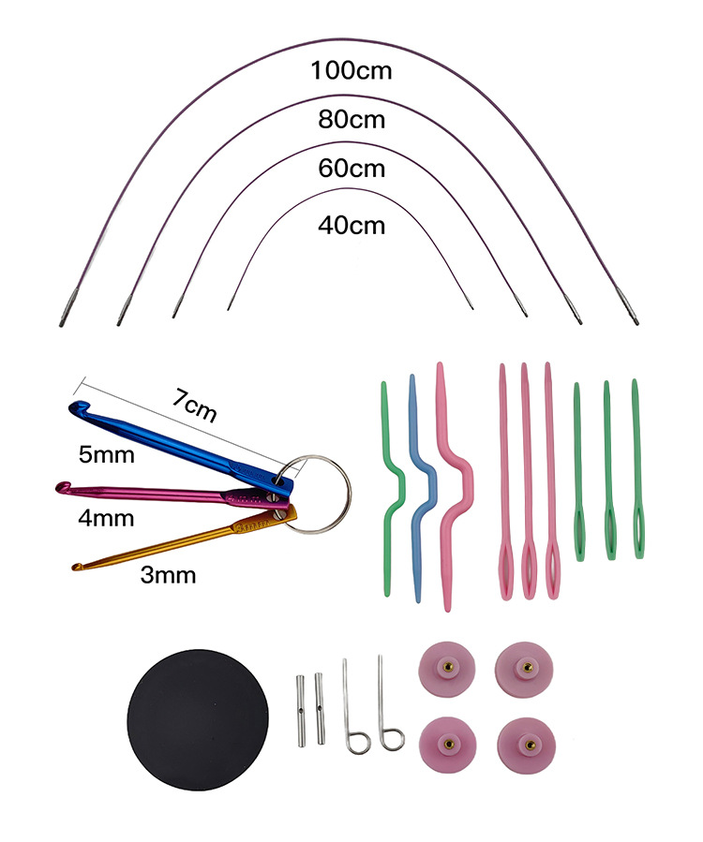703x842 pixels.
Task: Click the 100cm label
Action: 351,70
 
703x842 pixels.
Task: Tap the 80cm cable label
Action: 351,120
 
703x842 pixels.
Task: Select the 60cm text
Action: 351,169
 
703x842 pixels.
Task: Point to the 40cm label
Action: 351,225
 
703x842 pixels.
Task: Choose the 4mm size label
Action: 107,517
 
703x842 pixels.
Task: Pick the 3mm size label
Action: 168,574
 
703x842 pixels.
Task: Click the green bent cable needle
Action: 393,487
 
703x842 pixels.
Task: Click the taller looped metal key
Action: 385,702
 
